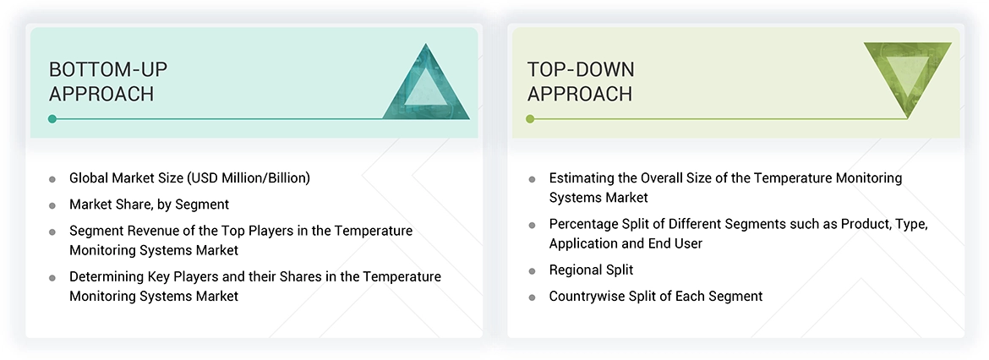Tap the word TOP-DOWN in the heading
click(581, 69)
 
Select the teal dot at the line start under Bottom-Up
click(52, 119)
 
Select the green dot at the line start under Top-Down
click(531, 119)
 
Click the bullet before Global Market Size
click(52, 179)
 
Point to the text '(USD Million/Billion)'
click(251, 178)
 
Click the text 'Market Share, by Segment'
click(149, 205)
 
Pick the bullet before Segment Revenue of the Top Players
click(52, 232)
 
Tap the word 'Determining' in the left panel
click(107, 277)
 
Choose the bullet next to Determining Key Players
click(52, 278)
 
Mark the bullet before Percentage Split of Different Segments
click(532, 226)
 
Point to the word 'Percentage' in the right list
click(584, 225)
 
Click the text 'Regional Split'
click(591, 270)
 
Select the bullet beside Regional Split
click(532, 271)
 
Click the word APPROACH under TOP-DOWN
click(580, 94)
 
